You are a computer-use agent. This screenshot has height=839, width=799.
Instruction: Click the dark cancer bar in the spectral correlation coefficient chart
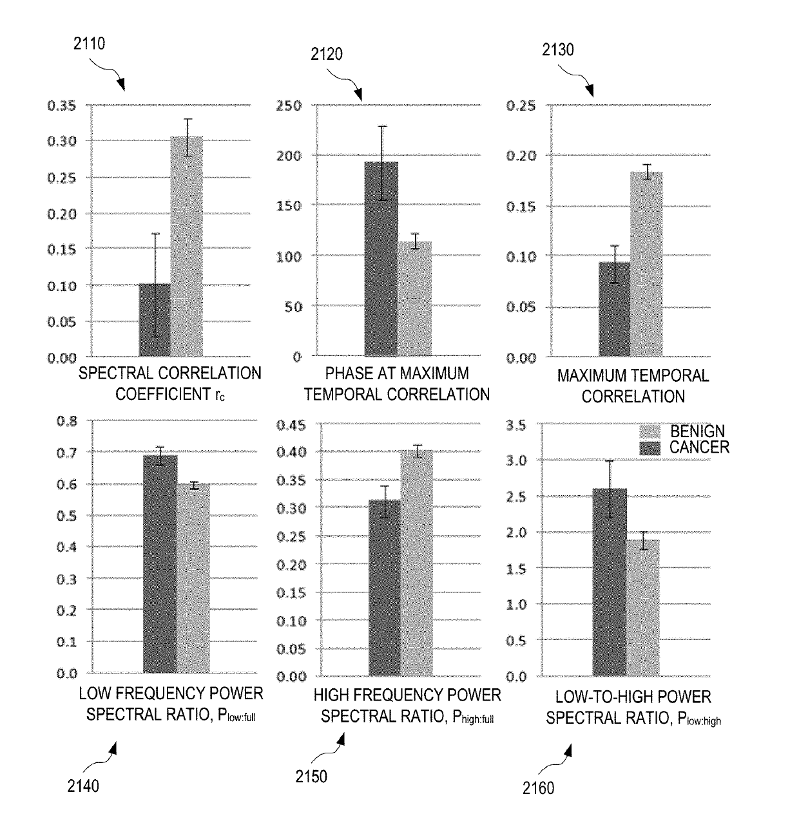click(155, 319)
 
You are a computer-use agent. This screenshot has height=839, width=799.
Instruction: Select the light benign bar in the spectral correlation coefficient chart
click(187, 246)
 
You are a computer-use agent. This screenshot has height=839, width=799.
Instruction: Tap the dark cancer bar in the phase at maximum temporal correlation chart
click(381, 258)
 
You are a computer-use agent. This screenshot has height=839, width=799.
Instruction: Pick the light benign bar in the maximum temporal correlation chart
click(646, 264)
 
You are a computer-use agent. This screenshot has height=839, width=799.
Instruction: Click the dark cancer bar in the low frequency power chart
click(160, 564)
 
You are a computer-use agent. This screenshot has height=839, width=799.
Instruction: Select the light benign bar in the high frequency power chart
click(417, 563)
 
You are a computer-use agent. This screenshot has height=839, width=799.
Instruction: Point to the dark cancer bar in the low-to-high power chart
click(610, 583)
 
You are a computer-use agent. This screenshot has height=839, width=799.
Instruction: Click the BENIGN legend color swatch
click(650, 431)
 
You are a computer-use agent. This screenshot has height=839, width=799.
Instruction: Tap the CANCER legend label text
click(699, 448)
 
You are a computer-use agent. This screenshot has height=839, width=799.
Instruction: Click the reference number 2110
click(90, 44)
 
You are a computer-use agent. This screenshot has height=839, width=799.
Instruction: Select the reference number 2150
click(311, 777)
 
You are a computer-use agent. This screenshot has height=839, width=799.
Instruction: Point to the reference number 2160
click(539, 787)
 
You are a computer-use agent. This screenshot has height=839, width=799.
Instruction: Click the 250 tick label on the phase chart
click(289, 106)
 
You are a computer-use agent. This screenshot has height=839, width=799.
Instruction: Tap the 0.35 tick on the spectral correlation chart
click(61, 106)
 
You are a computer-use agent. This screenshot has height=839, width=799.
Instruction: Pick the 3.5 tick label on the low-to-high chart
click(516, 426)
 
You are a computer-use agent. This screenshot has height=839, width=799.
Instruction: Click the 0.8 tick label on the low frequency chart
click(67, 422)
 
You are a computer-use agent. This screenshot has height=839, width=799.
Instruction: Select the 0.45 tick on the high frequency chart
click(291, 425)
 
